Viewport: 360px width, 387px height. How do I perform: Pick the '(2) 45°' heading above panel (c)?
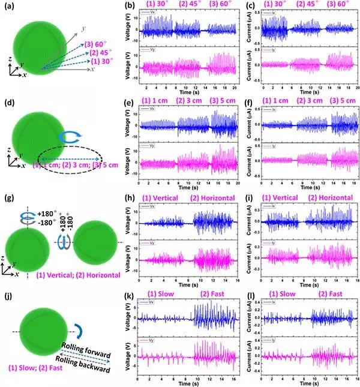tap(306, 7)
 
